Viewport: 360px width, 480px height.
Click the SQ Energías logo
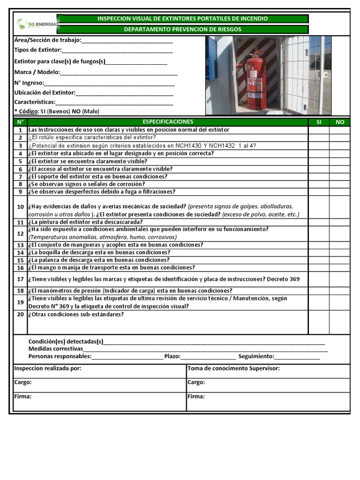coord(35,24)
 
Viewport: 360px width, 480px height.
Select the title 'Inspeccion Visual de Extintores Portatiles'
coord(182,19)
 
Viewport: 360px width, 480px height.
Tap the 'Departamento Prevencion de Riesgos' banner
coord(182,30)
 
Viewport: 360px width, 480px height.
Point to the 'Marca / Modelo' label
coord(37,72)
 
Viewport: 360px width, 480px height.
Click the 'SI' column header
coord(319,122)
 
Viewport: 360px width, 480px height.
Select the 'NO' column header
coord(340,122)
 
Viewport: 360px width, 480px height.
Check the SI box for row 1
coord(319,130)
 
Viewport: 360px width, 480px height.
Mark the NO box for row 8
coord(340,184)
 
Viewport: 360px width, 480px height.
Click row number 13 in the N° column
coord(20,245)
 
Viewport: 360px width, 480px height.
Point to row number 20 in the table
coord(20,315)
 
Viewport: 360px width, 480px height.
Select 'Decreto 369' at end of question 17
coord(283,279)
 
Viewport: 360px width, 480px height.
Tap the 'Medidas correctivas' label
coord(55,349)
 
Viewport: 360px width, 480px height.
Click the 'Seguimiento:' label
coord(256,357)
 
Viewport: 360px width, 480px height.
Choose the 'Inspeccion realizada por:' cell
coord(48,368)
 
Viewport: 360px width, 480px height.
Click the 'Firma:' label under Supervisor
coord(196,397)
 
